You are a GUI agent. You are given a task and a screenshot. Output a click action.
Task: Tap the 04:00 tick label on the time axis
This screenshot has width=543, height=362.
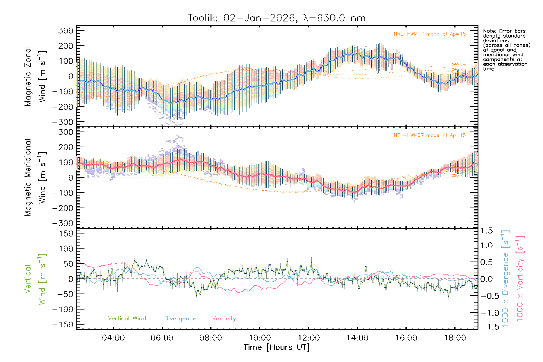[113, 338]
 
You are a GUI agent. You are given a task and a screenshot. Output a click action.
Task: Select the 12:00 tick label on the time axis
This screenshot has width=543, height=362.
[309, 338]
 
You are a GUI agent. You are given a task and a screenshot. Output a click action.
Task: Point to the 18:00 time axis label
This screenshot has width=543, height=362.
[455, 338]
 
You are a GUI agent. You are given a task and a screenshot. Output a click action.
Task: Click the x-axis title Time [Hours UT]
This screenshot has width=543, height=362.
[277, 347]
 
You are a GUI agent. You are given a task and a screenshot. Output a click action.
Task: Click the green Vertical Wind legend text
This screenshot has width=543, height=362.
[127, 319]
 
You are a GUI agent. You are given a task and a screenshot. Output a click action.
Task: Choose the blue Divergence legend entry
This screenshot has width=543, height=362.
[180, 319]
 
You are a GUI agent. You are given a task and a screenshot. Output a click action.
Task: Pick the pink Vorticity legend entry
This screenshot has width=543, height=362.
[224, 319]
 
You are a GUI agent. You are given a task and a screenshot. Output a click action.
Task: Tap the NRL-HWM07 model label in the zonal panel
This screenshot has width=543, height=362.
[430, 34]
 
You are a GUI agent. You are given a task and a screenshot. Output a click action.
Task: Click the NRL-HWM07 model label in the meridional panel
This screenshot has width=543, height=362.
[430, 135]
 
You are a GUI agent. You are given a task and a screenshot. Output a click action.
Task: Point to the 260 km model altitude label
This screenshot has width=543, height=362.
[459, 65]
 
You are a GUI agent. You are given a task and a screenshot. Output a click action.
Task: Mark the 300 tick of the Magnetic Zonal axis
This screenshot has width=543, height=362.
[66, 30]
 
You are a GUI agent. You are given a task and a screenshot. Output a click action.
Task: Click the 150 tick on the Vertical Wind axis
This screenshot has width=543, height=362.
[66, 233]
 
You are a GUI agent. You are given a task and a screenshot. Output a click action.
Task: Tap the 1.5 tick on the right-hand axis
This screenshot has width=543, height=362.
[486, 231]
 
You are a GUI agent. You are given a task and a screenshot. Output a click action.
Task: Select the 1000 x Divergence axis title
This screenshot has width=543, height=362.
[505, 278]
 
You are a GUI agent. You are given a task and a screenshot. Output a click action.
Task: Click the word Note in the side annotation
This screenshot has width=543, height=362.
[489, 31]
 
